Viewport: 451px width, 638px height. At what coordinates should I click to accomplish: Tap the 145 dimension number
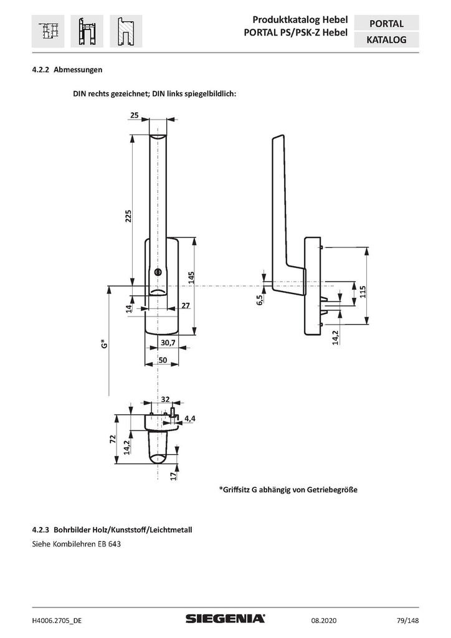(x=192, y=277)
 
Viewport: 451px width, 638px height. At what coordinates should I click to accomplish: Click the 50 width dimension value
(x=162, y=360)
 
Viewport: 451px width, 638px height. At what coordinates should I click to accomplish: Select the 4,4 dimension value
(x=190, y=418)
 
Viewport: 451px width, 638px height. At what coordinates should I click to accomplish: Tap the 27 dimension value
(x=185, y=305)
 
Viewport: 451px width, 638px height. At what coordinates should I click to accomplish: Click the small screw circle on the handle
(x=159, y=272)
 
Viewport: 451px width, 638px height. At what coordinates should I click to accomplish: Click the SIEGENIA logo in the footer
(x=225, y=618)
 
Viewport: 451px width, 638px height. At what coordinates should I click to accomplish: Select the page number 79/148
(x=407, y=619)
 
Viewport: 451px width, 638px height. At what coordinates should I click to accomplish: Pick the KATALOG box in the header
(x=386, y=40)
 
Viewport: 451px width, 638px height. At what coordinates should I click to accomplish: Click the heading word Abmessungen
(x=78, y=70)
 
